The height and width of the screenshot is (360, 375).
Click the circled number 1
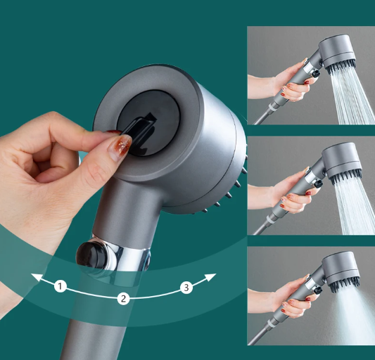coord(61,286)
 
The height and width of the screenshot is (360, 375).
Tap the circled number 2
coord(123,298)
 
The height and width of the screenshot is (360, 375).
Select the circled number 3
coord(186,288)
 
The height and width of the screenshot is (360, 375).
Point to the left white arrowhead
coord(37,278)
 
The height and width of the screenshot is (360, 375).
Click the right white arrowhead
coord(210,278)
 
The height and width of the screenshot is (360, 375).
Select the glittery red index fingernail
coord(120,146)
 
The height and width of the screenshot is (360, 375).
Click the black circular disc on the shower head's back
coord(148,123)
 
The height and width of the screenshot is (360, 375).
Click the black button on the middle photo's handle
coord(318,184)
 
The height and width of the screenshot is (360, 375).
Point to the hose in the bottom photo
coord(260,335)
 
